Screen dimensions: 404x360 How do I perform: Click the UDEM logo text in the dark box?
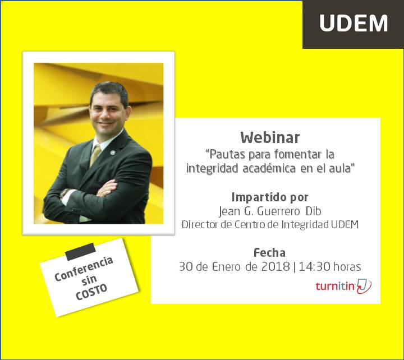pos(353,23)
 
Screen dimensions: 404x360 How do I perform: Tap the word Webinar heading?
pos(270,138)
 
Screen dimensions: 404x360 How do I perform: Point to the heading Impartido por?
pos(270,198)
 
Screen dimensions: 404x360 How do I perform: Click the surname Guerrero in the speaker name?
pos(279,211)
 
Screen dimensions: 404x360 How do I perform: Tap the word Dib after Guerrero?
pos(314,211)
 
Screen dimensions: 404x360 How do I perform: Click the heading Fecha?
pos(269,253)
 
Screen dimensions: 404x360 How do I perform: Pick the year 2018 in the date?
pos(276,267)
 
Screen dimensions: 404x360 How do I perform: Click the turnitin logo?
pos(343,287)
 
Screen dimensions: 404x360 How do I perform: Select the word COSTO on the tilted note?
pos(91,293)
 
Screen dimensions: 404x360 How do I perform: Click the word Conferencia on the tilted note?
pos(84,269)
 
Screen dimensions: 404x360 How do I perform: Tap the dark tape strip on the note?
pos(80,252)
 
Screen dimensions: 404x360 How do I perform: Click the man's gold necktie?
pos(95,156)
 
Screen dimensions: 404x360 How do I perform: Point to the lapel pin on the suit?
pos(112,153)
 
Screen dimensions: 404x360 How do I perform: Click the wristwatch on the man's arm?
pos(65,193)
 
